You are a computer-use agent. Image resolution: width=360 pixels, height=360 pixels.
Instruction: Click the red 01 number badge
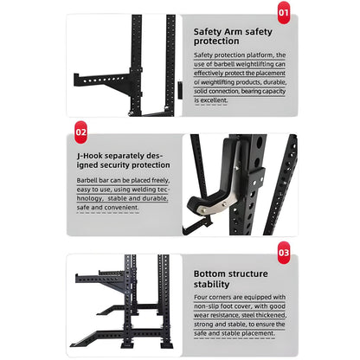pyautogui.click(x=283, y=12)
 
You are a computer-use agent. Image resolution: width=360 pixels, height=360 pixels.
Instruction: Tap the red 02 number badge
pyautogui.click(x=80, y=132)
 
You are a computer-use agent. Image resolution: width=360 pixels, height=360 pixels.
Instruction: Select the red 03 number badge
pyautogui.click(x=283, y=253)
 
